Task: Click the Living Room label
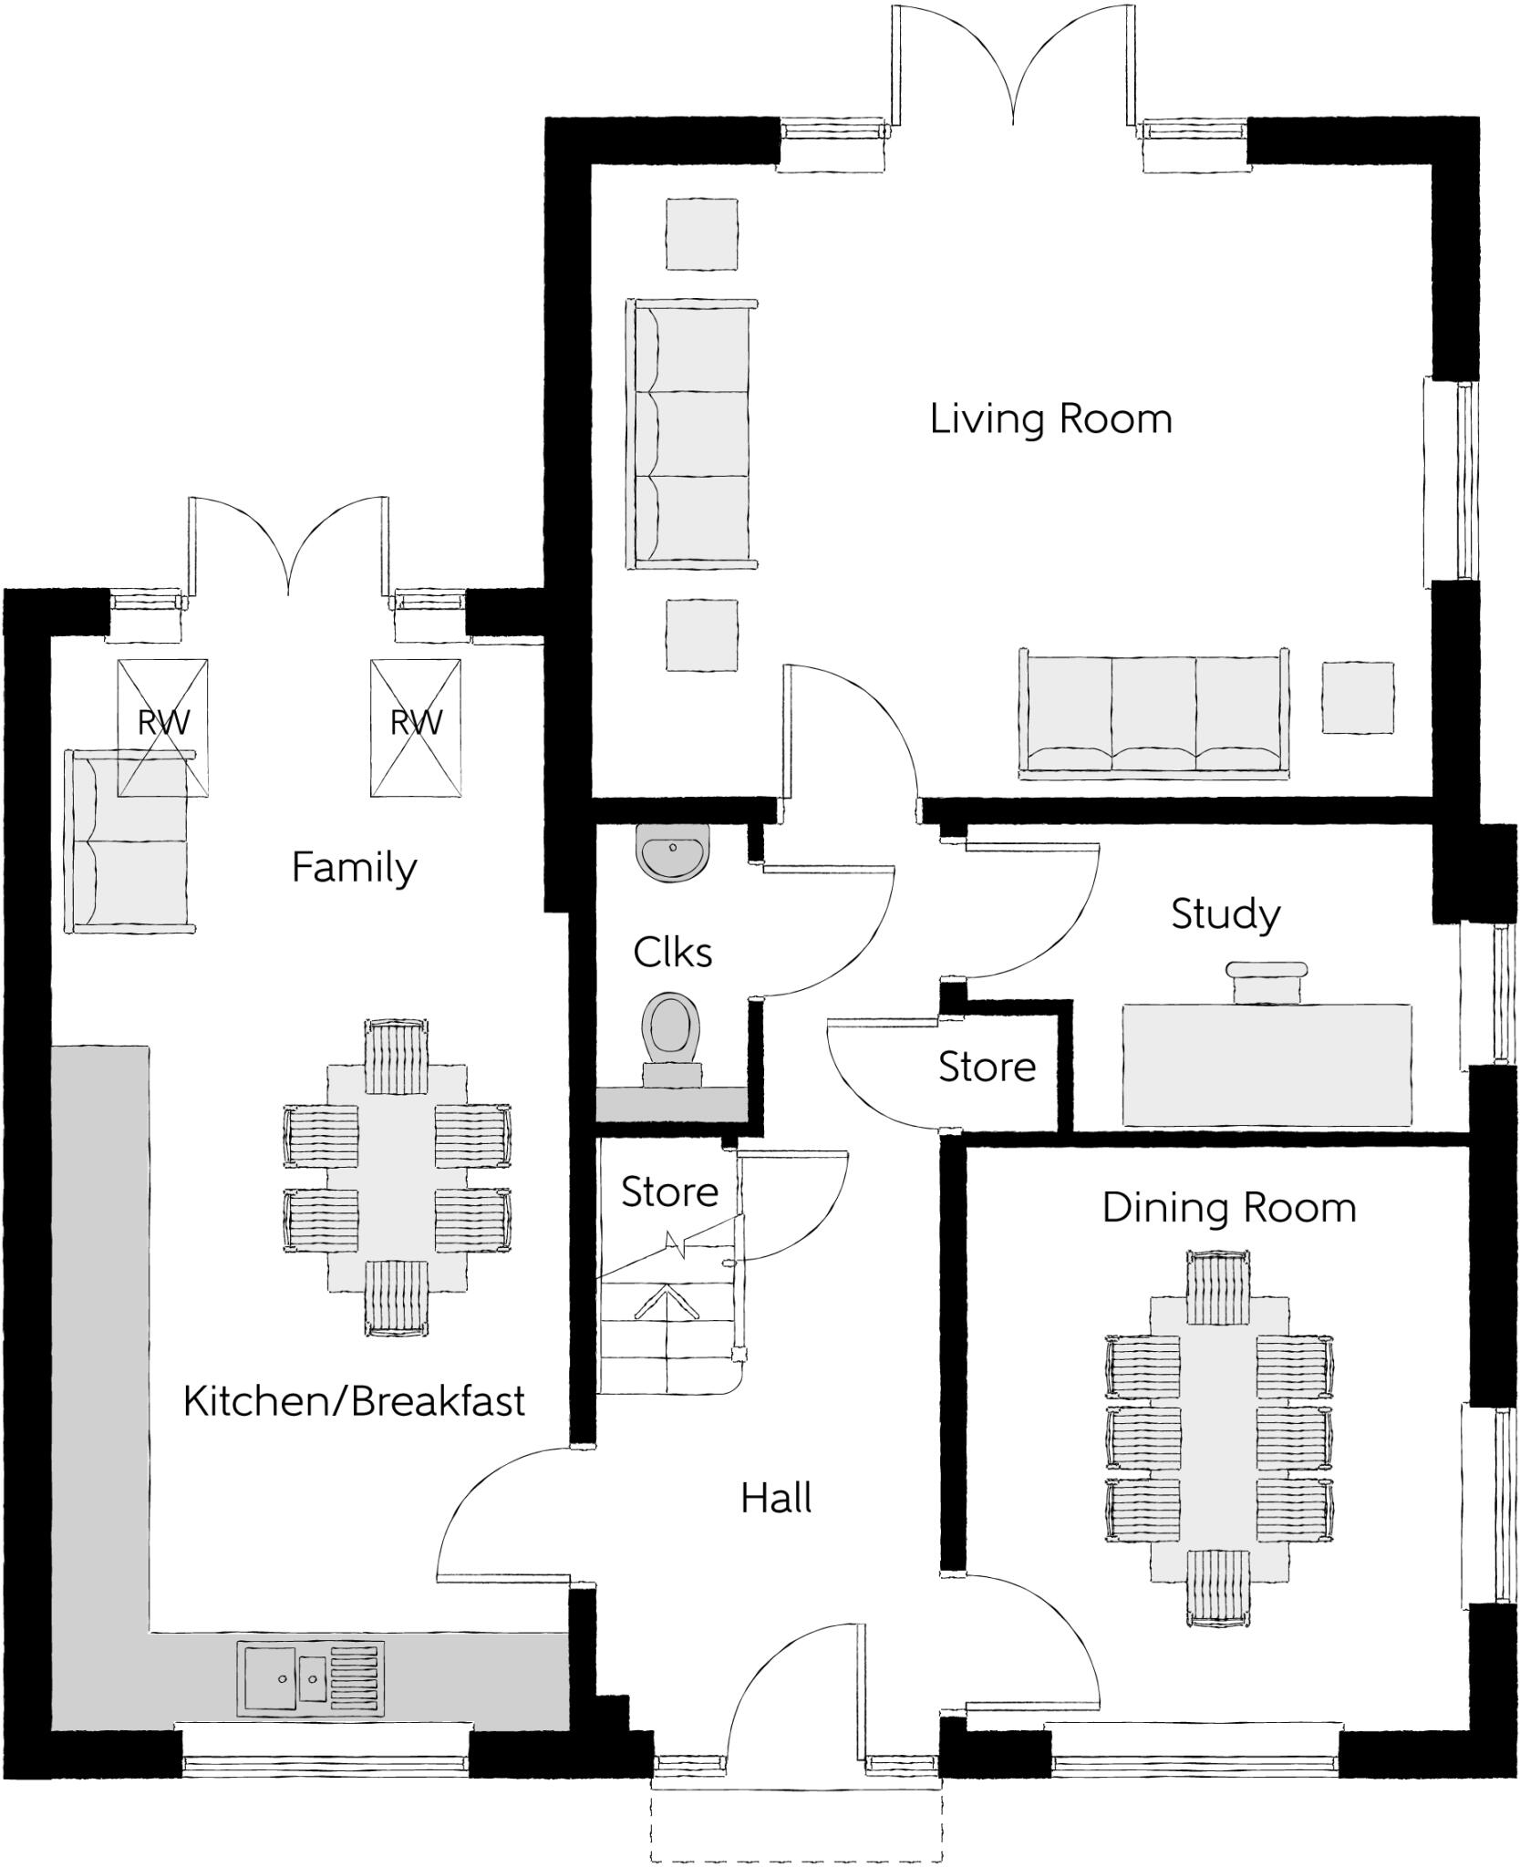point(1050,419)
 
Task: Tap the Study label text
point(1225,914)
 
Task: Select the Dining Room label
point(1228,1209)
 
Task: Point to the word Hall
point(776,1499)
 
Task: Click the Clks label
point(672,954)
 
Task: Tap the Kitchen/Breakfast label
point(354,1402)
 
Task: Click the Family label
point(354,867)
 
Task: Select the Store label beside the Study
point(987,1068)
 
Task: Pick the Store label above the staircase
point(669,1192)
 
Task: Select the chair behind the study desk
point(1267,982)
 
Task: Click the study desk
point(1267,1065)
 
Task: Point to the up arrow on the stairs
point(667,1304)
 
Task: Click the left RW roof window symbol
point(163,727)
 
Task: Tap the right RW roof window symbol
point(416,727)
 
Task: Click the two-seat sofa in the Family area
point(128,841)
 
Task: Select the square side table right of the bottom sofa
point(1357,697)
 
